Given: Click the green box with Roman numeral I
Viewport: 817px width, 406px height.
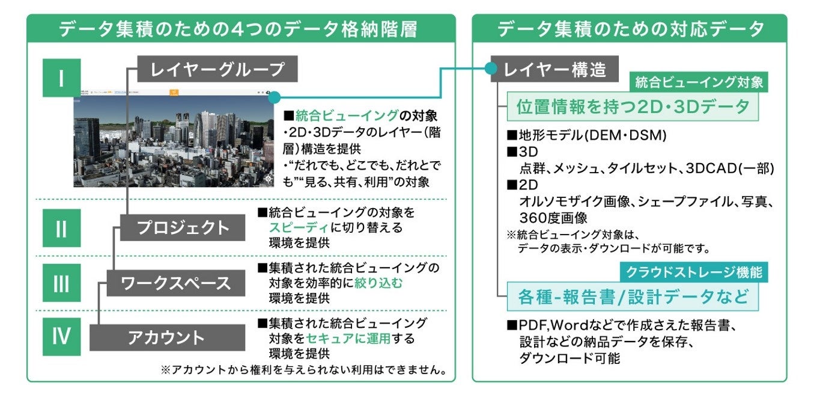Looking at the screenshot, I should [x=61, y=78].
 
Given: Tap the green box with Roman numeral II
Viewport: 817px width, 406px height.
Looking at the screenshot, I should [x=61, y=228].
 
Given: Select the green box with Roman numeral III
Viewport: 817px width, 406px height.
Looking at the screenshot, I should [x=61, y=283].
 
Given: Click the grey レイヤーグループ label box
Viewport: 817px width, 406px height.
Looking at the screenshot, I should [x=217, y=70].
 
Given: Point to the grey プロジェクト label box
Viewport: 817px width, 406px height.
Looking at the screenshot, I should [x=183, y=228].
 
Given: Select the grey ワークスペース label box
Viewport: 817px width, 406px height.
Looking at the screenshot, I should [x=176, y=283].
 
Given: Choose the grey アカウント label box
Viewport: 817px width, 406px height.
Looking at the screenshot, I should [x=167, y=337].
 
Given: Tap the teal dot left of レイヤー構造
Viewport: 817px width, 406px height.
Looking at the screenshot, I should [x=491, y=70].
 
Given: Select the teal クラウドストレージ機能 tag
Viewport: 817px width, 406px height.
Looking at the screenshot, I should [x=694, y=272].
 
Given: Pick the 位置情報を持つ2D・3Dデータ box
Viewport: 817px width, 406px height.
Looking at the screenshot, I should [x=633, y=107].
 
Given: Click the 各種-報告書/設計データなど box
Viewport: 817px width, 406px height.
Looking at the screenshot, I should [x=633, y=297].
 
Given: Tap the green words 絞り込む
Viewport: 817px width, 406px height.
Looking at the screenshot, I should [x=378, y=283].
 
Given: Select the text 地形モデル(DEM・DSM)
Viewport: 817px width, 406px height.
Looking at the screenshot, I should [x=592, y=136].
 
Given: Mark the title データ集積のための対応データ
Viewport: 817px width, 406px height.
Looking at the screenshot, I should [x=630, y=29].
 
